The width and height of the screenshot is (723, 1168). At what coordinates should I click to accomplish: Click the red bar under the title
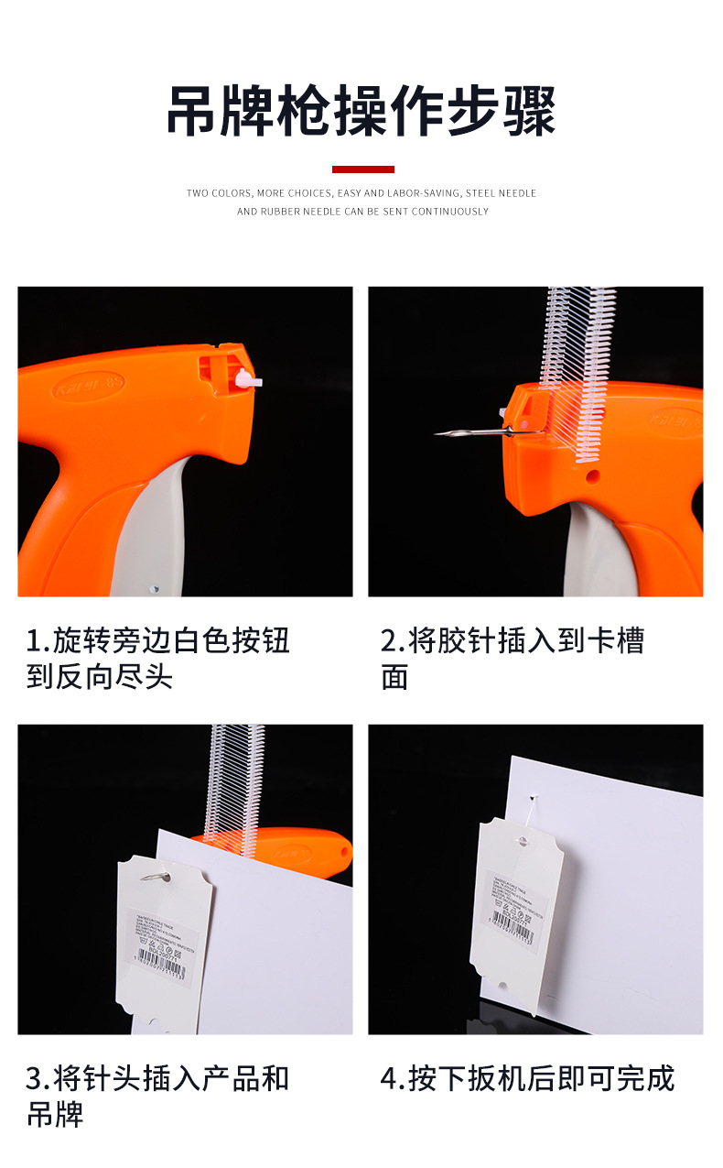(x=362, y=169)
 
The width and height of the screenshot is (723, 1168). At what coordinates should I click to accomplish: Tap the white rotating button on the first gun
(x=245, y=377)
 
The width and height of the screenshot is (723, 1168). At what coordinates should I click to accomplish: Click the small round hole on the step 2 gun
(x=593, y=476)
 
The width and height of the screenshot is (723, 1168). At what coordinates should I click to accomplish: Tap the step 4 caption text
(x=527, y=1079)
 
